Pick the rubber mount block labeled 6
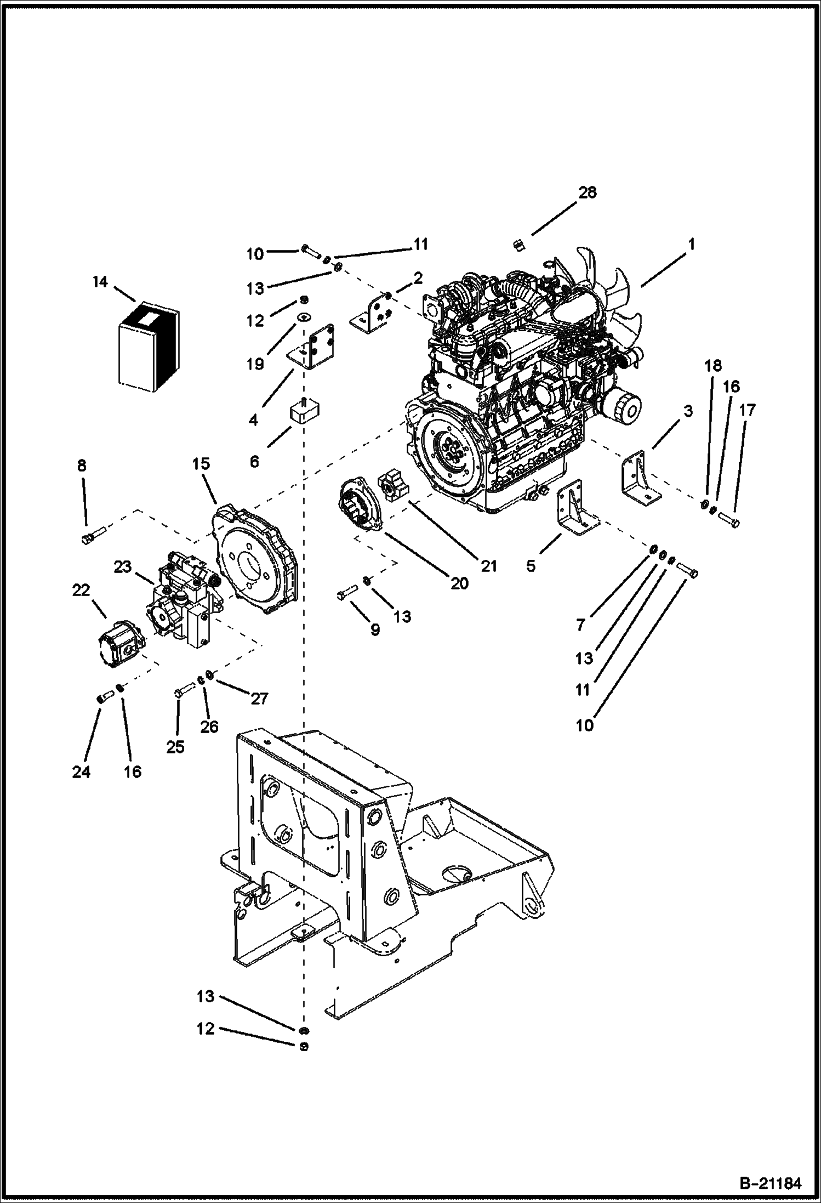pyautogui.click(x=305, y=411)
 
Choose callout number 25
pyautogui.click(x=176, y=747)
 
